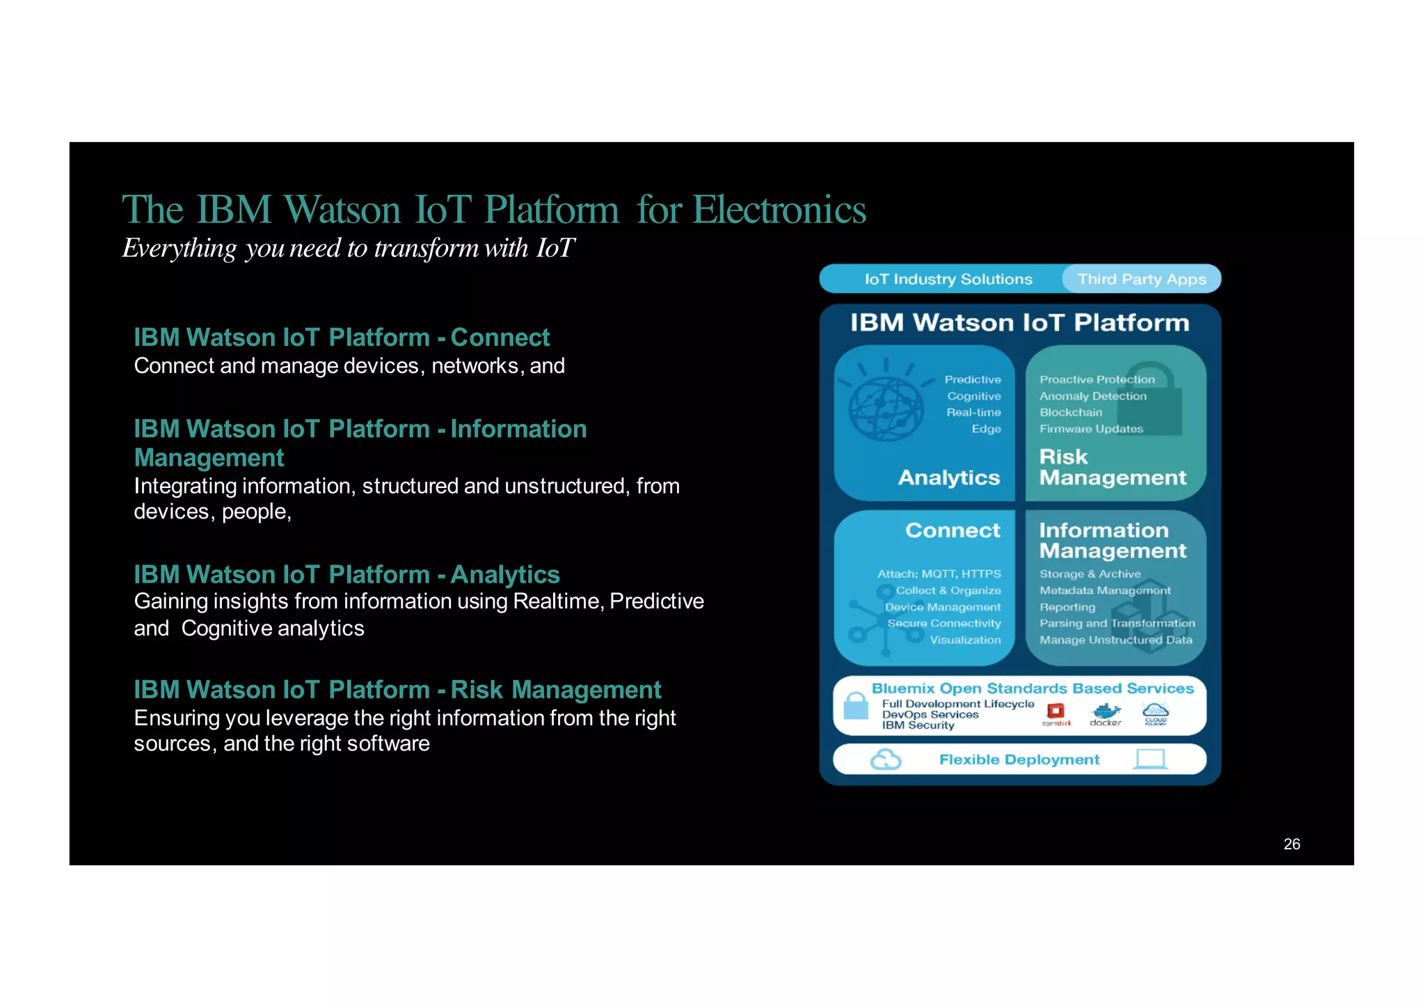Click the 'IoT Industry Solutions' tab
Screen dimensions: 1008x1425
(x=948, y=279)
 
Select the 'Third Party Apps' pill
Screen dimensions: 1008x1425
(x=1141, y=279)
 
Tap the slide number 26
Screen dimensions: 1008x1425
(x=1291, y=844)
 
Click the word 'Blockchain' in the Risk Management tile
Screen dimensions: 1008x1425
(x=1071, y=412)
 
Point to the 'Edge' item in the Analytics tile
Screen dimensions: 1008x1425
(x=986, y=429)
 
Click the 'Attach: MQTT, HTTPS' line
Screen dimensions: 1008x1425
(x=939, y=574)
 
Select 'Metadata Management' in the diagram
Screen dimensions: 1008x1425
(x=1105, y=590)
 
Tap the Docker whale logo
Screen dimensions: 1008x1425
(x=1106, y=711)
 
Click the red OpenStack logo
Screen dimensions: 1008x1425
(x=1056, y=711)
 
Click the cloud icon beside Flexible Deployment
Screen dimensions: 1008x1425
(x=886, y=759)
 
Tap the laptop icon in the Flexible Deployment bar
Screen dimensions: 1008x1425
(x=1149, y=759)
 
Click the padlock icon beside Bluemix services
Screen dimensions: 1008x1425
(x=856, y=706)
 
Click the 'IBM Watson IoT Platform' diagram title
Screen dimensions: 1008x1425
(x=1019, y=323)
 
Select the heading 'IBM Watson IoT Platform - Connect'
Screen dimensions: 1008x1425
(x=342, y=338)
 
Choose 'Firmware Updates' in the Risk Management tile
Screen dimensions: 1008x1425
(x=1091, y=429)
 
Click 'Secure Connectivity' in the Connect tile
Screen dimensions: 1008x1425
(x=944, y=623)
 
